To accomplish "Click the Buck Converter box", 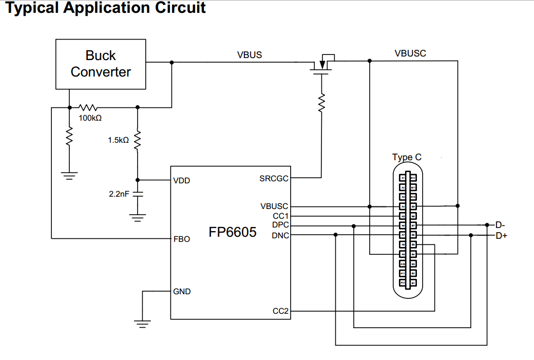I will click(x=101, y=64).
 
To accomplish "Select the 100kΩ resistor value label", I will click(x=90, y=118).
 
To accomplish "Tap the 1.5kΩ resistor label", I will click(x=118, y=140).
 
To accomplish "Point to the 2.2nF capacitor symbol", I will click(x=137, y=195).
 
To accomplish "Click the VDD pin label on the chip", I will click(x=182, y=181).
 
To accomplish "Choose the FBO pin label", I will click(x=182, y=239).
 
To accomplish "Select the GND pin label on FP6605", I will click(x=182, y=292).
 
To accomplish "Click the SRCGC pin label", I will click(x=274, y=179).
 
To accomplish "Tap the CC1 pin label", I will click(x=281, y=216).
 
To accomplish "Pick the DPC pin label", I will click(x=280, y=225).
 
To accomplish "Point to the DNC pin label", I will click(x=280, y=235).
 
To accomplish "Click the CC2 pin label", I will click(x=281, y=311).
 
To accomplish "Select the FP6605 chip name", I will click(x=233, y=232).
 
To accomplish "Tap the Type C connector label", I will click(x=407, y=157).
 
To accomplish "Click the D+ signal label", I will click(x=501, y=236).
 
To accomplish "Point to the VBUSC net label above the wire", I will click(x=410, y=53).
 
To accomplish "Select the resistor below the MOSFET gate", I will click(x=322, y=103).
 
